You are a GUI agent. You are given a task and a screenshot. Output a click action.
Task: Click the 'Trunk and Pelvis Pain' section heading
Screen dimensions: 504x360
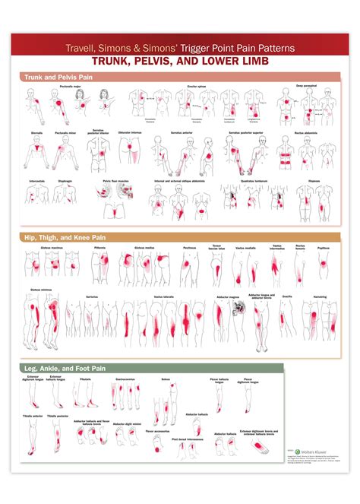point(49,77)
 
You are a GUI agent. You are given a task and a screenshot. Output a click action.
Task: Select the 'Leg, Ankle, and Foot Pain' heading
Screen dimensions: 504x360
point(56,369)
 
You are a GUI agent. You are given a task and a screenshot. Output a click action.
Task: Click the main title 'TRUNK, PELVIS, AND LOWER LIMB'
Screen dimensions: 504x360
point(180,61)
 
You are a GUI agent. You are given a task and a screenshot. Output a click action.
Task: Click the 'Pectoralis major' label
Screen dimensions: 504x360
point(69,87)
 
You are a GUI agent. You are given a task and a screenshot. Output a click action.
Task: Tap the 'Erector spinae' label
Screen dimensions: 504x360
point(197,87)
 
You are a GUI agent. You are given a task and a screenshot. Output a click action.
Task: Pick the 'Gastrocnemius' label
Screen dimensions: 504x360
point(125,377)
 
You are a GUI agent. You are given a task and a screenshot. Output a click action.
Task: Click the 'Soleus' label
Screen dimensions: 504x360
point(167,377)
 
